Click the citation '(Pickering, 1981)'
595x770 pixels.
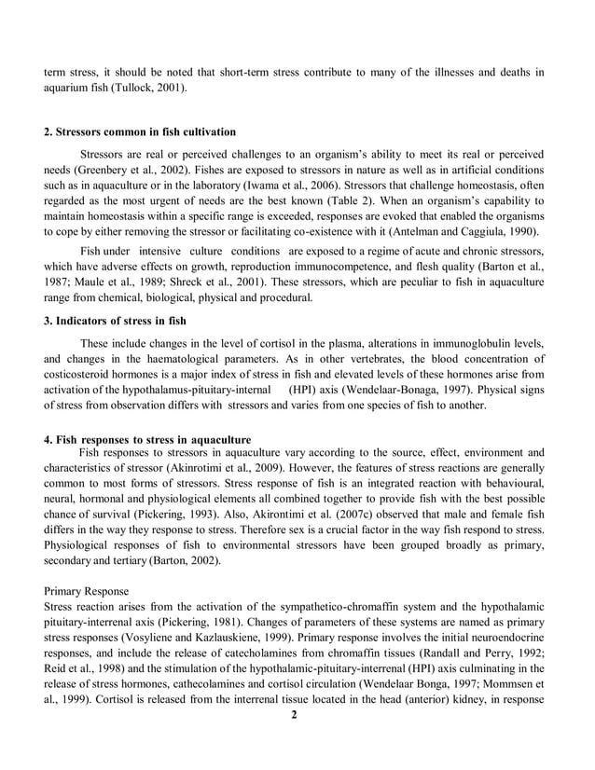(215, 623)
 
